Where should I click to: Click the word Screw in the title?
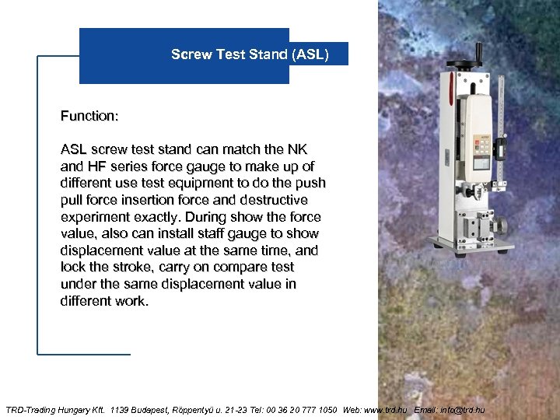coord(190,54)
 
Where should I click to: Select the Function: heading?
coord(89,116)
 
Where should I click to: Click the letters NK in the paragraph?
coord(298,149)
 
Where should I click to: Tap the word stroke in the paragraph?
coord(123,268)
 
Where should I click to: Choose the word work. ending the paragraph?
coord(130,301)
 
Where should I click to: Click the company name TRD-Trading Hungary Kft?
coord(54,409)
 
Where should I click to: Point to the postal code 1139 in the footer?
coord(123,409)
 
